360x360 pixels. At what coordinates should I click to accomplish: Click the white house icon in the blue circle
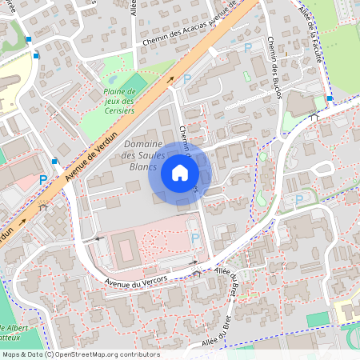[180, 173]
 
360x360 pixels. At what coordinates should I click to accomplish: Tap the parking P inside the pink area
[195, 238]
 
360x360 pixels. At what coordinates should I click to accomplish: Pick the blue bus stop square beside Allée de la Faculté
[330, 98]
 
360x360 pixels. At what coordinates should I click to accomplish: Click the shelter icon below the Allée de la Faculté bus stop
[314, 117]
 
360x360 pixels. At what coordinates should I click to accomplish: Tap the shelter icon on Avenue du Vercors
[198, 274]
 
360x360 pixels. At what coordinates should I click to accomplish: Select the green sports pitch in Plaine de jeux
[138, 82]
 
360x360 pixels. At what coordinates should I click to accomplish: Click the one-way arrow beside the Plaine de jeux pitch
[170, 79]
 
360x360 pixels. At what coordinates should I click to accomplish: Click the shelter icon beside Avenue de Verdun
[42, 207]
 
